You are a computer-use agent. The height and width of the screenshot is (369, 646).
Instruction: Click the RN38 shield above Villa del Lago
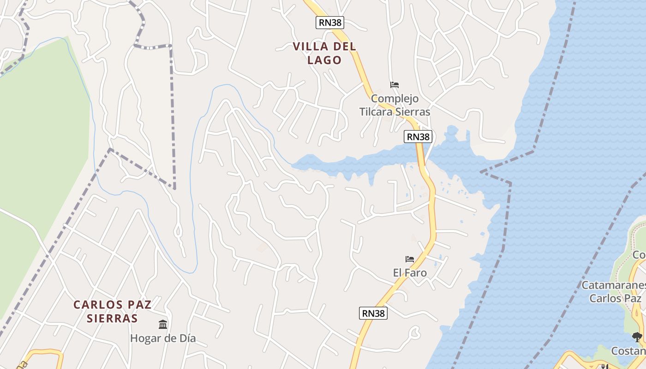coord(330,23)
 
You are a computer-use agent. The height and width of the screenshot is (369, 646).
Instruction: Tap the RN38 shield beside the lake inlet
coord(418,137)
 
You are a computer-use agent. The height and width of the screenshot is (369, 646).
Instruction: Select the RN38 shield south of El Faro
coord(373,313)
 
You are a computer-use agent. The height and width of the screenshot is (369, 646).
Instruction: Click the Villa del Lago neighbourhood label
coord(324,53)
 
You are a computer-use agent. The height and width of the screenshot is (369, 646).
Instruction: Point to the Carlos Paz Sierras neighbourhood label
coord(113,311)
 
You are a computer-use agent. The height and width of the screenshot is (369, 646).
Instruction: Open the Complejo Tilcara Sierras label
coord(395,105)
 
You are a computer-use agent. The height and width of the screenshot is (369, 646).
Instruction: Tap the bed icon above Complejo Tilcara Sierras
coord(394,85)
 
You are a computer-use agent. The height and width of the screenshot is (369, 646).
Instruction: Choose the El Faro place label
coord(410,273)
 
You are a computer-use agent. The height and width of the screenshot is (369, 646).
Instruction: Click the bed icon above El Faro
coord(409,259)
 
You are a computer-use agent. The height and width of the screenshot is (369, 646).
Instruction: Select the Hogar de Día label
coord(163,338)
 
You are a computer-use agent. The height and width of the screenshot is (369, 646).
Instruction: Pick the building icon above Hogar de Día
coord(163,325)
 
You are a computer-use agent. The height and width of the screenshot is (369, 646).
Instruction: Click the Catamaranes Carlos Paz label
coord(613,292)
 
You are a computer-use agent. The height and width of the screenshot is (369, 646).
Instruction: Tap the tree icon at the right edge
coord(637,337)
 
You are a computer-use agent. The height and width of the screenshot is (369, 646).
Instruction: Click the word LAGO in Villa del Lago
coord(324,60)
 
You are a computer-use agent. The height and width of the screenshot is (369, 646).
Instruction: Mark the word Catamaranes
coord(613,285)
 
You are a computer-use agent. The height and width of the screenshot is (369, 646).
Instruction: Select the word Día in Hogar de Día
coord(185,338)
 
